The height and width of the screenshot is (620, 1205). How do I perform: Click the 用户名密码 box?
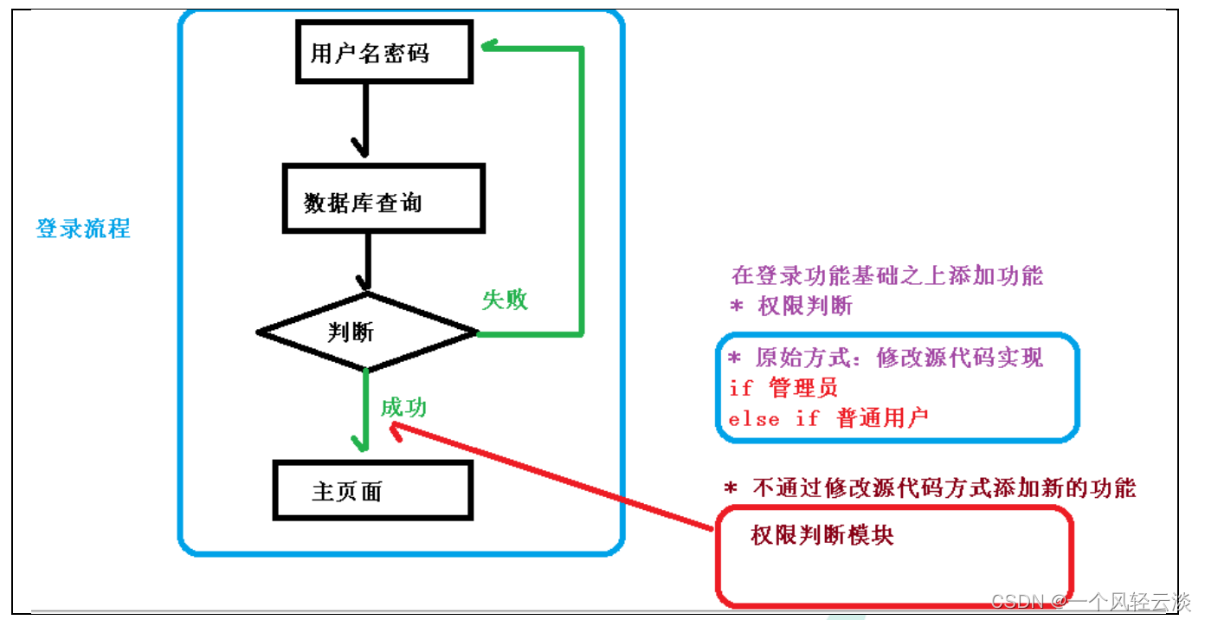[383, 54]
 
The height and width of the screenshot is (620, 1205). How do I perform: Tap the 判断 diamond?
[367, 332]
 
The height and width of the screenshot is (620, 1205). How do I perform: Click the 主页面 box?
[372, 491]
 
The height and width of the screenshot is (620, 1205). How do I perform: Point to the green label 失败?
[505, 300]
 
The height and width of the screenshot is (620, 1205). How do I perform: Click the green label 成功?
[403, 407]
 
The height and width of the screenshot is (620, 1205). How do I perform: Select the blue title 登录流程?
[83, 229]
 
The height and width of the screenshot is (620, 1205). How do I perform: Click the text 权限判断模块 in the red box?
[822, 535]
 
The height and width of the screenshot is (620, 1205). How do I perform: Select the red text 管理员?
[803, 388]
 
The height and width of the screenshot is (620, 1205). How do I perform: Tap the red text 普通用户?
[882, 418]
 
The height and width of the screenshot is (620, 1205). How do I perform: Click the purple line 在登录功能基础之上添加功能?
[887, 276]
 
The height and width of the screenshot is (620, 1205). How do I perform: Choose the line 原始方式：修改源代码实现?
[886, 358]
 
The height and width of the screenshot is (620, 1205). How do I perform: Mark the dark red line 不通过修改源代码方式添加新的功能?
[930, 488]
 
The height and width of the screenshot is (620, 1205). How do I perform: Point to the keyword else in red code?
[754, 419]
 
